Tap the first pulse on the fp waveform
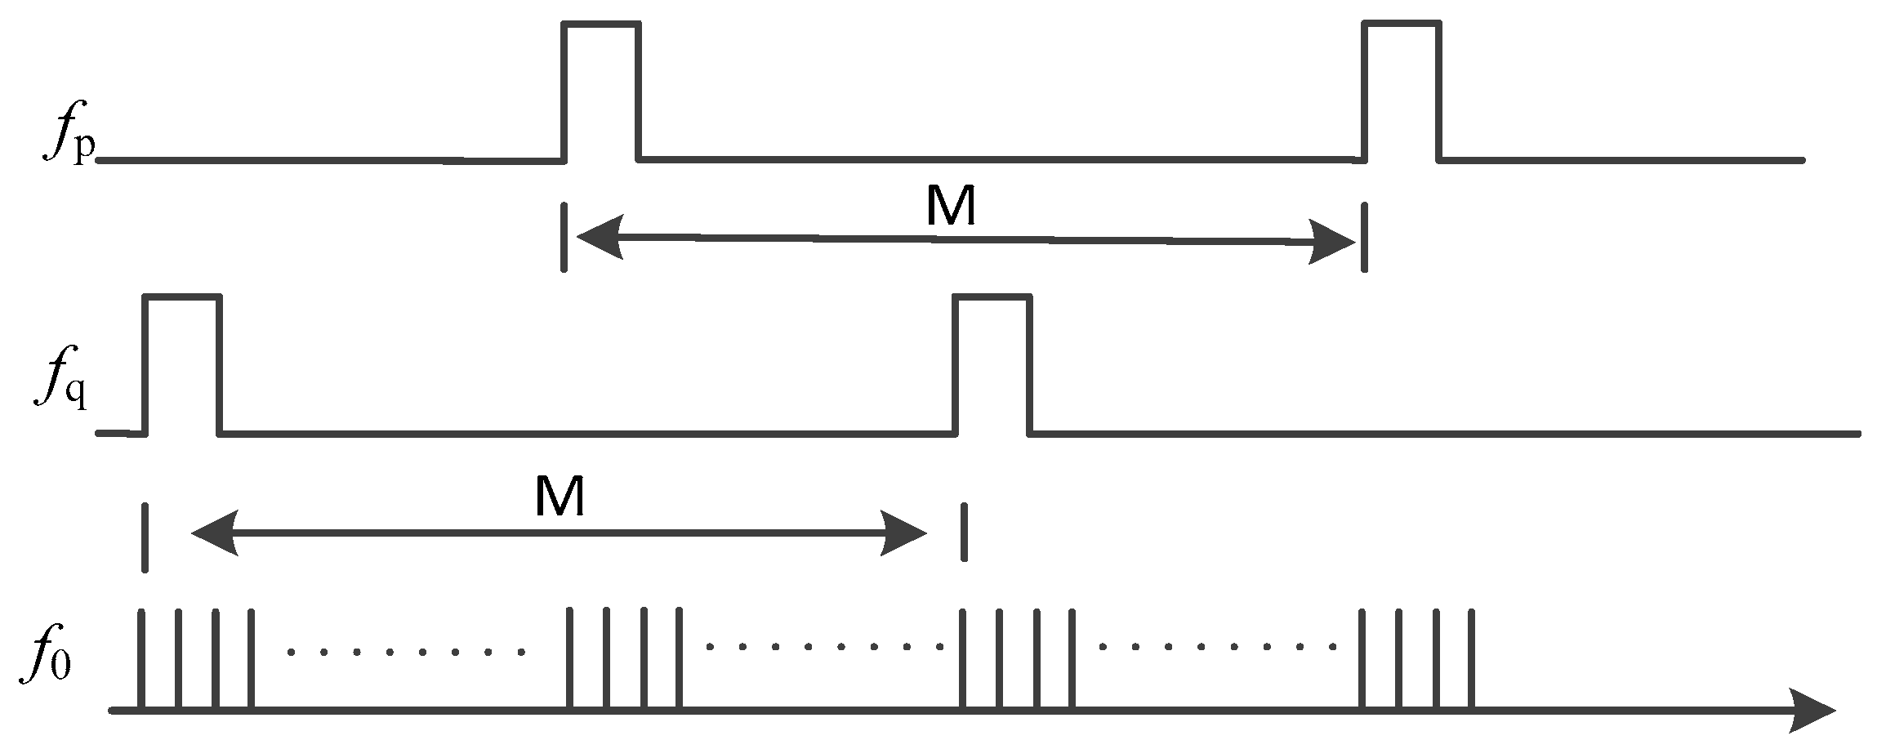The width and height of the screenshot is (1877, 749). click(x=601, y=90)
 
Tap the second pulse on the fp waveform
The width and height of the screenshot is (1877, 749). click(x=1401, y=90)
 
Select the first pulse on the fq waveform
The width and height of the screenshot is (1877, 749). click(x=181, y=363)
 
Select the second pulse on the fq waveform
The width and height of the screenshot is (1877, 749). click(x=992, y=363)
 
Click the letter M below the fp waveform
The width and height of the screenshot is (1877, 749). click(x=951, y=207)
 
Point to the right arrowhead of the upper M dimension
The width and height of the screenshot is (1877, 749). click(x=1333, y=243)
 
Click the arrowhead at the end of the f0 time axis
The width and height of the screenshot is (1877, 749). click(x=1812, y=710)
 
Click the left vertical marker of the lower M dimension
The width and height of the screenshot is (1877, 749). click(x=145, y=537)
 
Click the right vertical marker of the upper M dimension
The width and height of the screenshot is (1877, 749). click(x=1362, y=238)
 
